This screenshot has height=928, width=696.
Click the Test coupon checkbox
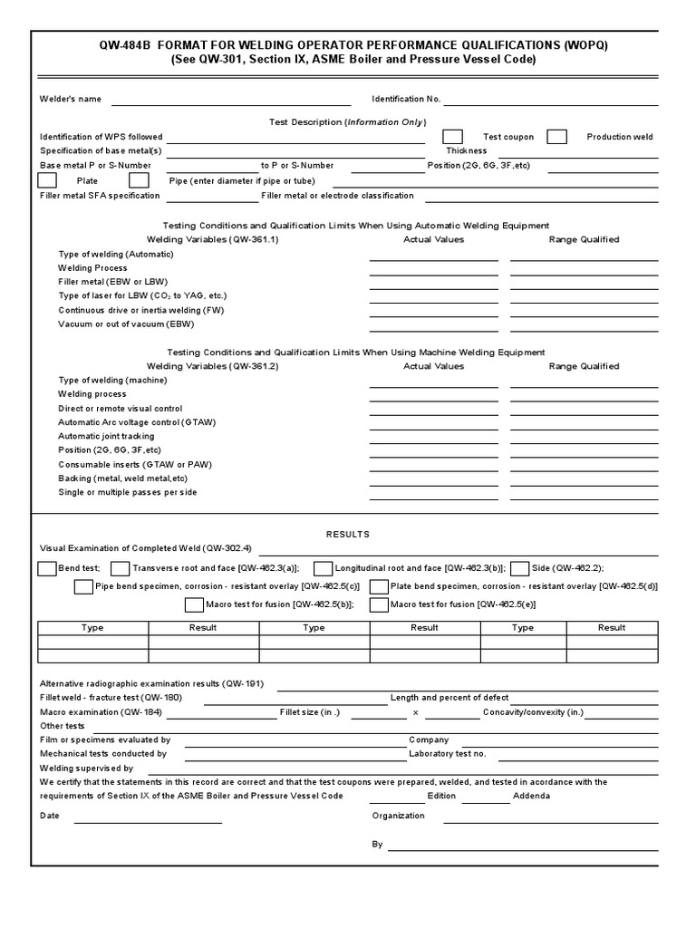click(x=453, y=137)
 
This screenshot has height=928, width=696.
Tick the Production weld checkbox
click(x=557, y=137)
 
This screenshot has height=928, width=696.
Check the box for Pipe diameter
click(x=139, y=180)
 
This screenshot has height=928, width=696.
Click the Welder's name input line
click(x=230, y=100)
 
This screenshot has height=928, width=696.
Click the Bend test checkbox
click(x=46, y=568)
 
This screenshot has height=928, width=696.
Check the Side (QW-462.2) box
click(x=520, y=568)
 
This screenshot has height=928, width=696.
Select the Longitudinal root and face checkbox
click(x=323, y=568)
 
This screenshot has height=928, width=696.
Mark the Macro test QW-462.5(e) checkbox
click(x=378, y=604)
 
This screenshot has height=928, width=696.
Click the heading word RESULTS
click(x=348, y=535)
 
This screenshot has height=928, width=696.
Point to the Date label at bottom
click(x=50, y=816)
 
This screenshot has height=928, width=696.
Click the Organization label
click(x=398, y=816)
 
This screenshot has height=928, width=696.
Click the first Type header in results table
click(x=92, y=627)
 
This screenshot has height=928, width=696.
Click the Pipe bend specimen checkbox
click(x=83, y=586)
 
